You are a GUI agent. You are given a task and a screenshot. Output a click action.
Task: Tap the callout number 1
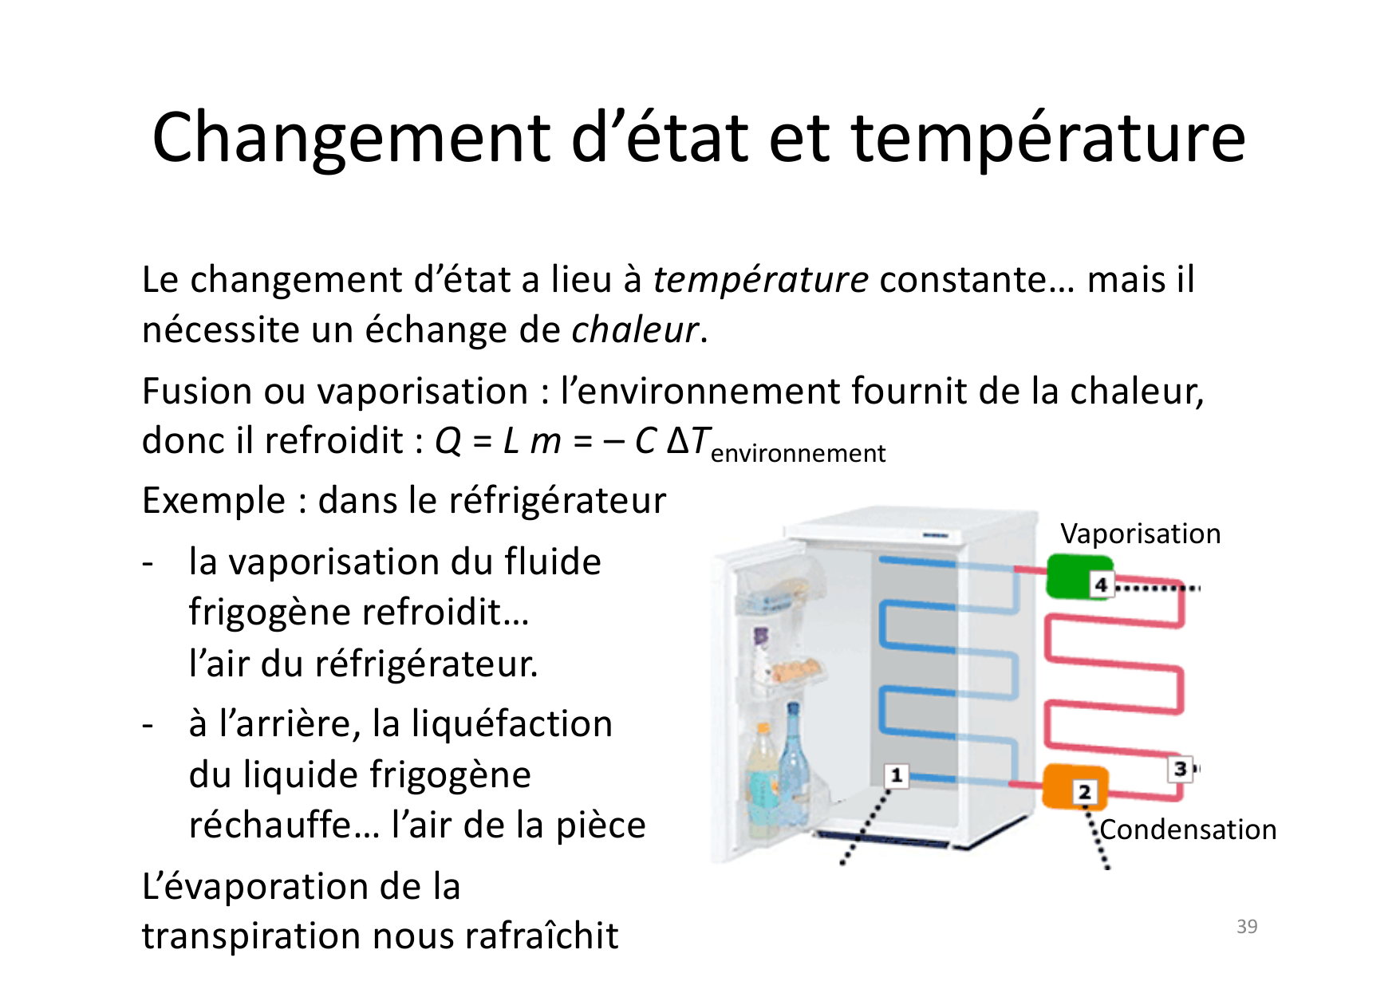897,774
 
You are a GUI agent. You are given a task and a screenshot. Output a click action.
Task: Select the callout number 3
1181,769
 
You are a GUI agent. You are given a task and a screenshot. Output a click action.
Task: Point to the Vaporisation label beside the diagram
1140,534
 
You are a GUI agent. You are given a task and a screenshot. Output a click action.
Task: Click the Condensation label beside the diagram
1188,829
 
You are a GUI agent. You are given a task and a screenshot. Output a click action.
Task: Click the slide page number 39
1247,926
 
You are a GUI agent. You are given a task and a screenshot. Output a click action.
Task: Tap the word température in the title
1048,137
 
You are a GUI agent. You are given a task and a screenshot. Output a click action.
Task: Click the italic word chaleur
635,330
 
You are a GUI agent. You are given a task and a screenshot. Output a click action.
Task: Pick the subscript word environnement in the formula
798,453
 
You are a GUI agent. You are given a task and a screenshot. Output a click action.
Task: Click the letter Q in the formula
448,440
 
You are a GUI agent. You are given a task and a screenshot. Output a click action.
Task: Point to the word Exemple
213,501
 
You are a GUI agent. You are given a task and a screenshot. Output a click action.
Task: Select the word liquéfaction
512,724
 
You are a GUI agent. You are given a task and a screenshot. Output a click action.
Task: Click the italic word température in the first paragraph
760,280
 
